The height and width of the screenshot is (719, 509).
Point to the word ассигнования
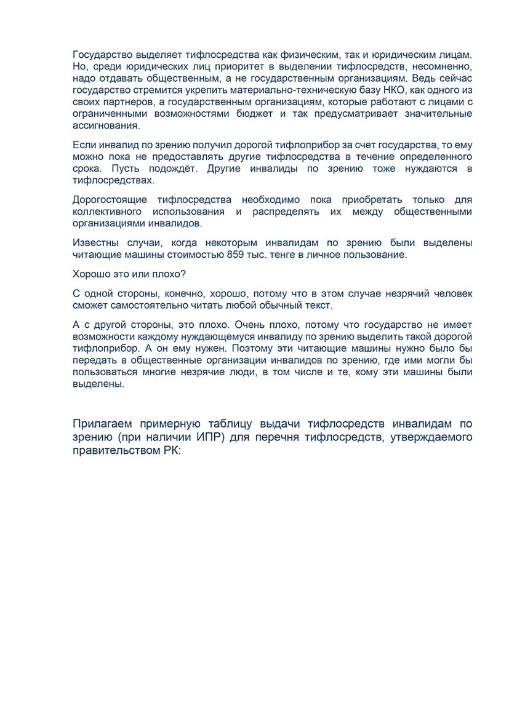pos(106,126)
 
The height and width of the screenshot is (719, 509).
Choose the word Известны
pos(94,243)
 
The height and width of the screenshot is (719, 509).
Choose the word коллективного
pos(107,212)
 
